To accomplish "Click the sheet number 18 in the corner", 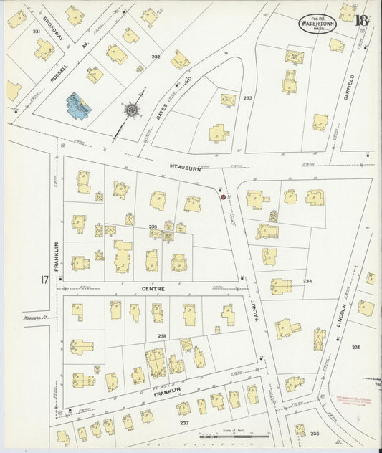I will pyautogui.click(x=361, y=19).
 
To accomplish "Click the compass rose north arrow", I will pyautogui.click(x=133, y=111).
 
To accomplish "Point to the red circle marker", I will pyautogui.click(x=223, y=196).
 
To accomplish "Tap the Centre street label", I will pyautogui.click(x=153, y=289).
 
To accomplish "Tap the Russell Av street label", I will pyautogui.click(x=59, y=68).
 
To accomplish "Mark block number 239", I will pyautogui.click(x=153, y=226).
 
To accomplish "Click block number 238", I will pyautogui.click(x=162, y=335).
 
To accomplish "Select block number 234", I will pyautogui.click(x=308, y=281).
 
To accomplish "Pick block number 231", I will pyautogui.click(x=36, y=32).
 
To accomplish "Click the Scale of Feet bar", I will pyautogui.click(x=234, y=434).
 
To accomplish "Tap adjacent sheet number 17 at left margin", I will pyautogui.click(x=44, y=280).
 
